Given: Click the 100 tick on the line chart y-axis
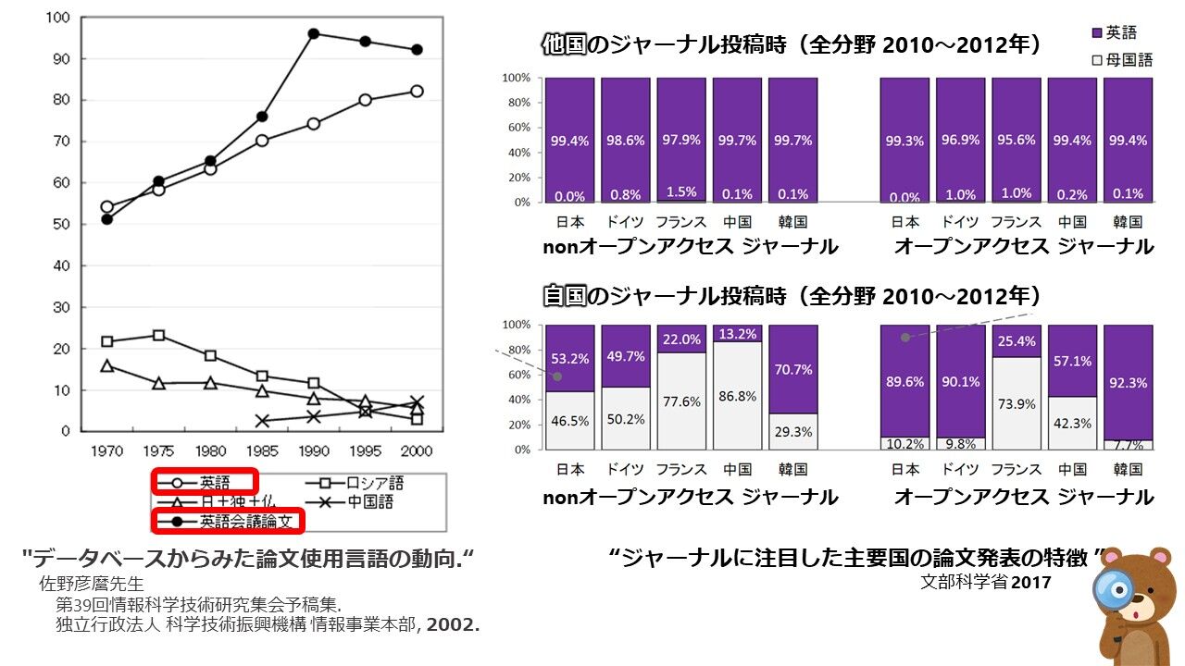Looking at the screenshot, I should (x=56, y=18).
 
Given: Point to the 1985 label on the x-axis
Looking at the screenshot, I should (x=262, y=452).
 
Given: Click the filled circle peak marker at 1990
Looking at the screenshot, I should (x=313, y=33).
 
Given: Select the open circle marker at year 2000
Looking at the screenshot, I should (x=417, y=91).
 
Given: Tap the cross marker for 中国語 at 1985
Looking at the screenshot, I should (x=262, y=421).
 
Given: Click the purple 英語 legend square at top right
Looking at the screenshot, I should (x=1097, y=33).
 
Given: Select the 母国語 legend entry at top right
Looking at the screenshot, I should (x=1122, y=59).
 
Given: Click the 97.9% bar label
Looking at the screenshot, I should (x=681, y=141).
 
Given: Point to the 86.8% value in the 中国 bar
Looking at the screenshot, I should (x=737, y=396).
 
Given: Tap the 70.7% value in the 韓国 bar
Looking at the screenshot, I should (x=792, y=370).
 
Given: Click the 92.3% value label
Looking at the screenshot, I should (x=1128, y=381).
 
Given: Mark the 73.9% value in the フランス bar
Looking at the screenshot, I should (x=1017, y=404).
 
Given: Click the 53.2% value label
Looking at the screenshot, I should (x=570, y=359).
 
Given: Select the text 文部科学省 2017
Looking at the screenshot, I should (x=985, y=582).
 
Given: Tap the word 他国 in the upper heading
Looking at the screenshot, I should (x=564, y=43).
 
